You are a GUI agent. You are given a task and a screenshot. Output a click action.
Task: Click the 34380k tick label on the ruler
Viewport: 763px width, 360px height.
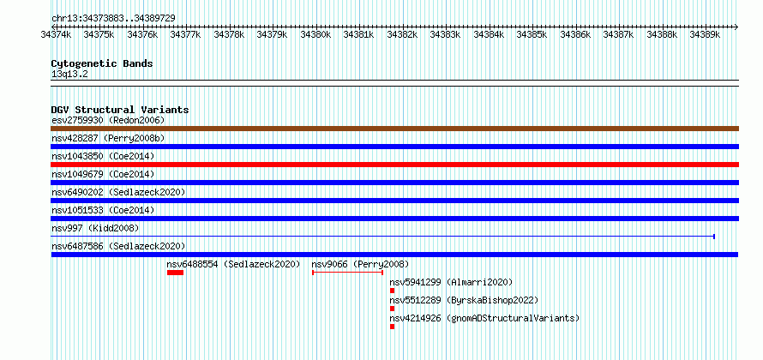(315, 34)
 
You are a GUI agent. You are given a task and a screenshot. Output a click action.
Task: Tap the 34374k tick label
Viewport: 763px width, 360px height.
(56, 34)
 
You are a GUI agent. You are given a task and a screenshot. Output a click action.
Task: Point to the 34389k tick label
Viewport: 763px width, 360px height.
(705, 34)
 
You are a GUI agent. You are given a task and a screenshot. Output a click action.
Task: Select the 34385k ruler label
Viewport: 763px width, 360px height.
(532, 34)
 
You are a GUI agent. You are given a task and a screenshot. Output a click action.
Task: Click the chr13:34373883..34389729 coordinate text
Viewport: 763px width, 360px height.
(113, 19)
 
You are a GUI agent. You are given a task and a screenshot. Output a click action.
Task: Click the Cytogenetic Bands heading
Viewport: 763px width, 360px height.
(102, 63)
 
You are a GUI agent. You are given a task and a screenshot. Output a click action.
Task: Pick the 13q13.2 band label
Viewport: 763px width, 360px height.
(69, 75)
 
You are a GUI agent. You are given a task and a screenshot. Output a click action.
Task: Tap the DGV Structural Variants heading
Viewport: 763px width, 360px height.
(120, 110)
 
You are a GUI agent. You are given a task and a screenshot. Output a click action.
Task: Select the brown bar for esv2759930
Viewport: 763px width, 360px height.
(394, 129)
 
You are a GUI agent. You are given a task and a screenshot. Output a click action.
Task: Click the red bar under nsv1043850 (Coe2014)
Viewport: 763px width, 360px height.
(394, 165)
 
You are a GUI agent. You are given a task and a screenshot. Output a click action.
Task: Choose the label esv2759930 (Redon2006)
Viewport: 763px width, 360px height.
(108, 120)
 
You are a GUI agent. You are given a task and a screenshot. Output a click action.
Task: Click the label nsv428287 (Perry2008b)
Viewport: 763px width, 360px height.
(108, 138)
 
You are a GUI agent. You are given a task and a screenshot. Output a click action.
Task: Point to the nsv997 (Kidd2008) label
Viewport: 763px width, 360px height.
(95, 228)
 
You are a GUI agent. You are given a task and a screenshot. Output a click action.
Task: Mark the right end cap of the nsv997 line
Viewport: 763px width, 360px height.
(714, 237)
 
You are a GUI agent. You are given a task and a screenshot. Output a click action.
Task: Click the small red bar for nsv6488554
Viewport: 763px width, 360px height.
(175, 273)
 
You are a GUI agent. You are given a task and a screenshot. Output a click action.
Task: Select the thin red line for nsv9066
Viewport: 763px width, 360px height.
(347, 273)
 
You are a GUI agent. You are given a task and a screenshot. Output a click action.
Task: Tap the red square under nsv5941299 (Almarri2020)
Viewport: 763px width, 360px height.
(392, 291)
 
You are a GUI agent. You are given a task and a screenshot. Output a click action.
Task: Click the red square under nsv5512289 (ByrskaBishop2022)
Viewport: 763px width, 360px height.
(392, 309)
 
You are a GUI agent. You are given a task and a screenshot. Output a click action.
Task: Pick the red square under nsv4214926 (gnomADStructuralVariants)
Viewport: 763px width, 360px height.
(392, 327)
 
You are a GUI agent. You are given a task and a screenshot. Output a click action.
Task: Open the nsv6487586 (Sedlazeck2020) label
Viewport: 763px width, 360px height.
(118, 246)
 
